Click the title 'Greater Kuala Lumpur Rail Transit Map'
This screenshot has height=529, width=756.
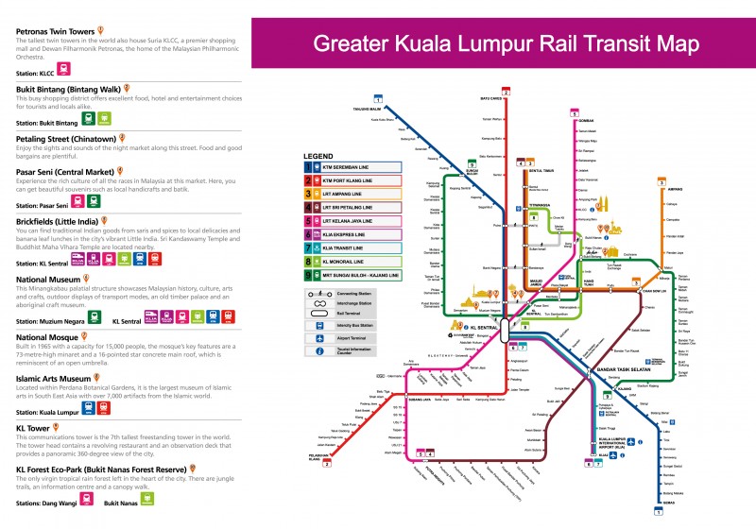click(506, 44)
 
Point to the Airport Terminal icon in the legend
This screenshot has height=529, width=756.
click(322, 337)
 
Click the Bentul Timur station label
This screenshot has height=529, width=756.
click(541, 170)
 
